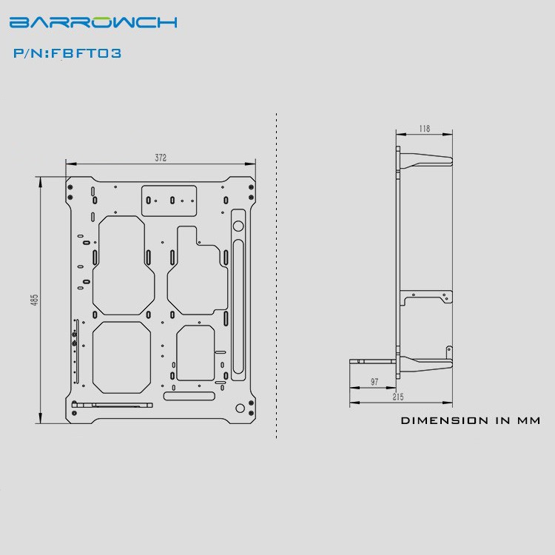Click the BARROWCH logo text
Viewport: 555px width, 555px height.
click(x=93, y=21)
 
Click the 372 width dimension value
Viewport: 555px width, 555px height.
click(x=161, y=158)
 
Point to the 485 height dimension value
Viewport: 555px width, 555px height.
click(x=34, y=300)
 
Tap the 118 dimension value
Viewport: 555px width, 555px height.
click(x=424, y=129)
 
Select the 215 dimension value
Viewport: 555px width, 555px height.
click(x=398, y=397)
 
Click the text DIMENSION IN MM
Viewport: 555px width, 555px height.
click(x=471, y=420)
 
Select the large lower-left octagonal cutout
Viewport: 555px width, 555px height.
click(x=121, y=357)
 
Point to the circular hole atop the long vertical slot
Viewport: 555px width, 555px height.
click(x=238, y=224)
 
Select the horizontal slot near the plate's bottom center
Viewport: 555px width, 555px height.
click(x=190, y=397)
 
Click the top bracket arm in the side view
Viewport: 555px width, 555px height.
click(x=425, y=161)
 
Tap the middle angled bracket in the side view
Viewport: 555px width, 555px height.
click(x=425, y=297)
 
